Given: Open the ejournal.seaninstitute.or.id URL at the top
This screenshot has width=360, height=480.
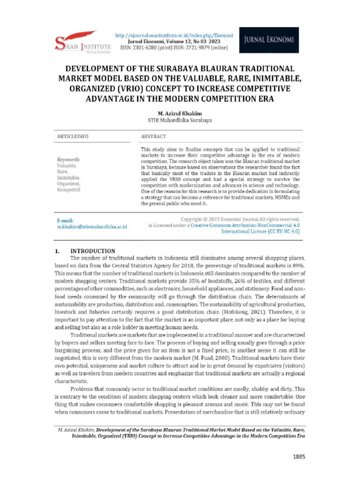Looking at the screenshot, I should [174, 36].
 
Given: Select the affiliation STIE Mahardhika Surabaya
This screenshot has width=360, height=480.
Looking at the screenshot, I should [180, 120].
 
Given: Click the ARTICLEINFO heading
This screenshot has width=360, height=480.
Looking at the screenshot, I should [73, 136].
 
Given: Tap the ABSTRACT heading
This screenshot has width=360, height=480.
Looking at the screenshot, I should [153, 136].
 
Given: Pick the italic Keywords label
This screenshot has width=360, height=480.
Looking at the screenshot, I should [68, 159].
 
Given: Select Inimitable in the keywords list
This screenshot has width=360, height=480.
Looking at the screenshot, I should [68, 178].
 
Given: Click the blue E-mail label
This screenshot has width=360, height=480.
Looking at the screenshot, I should [65, 220].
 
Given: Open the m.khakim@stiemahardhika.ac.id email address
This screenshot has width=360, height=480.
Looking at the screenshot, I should [92, 227].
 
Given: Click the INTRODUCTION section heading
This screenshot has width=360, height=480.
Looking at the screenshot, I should [92, 251].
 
